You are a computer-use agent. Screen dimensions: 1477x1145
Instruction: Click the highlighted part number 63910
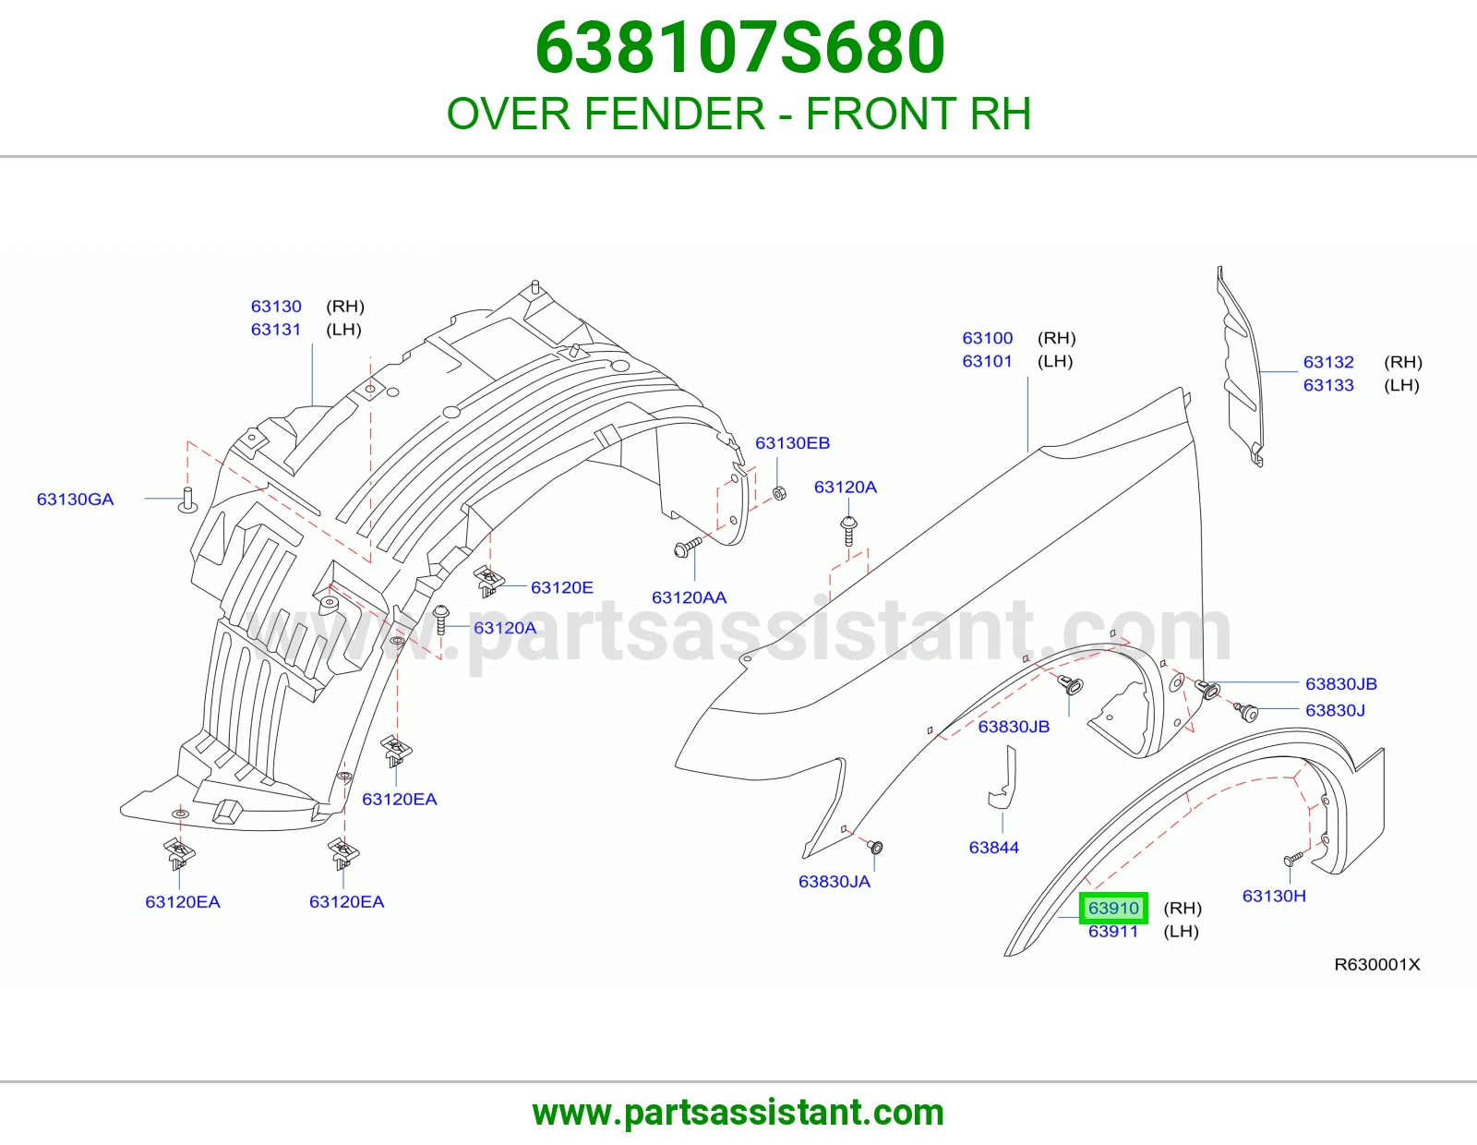(x=1113, y=908)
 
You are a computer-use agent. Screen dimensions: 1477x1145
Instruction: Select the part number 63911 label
(x=1112, y=931)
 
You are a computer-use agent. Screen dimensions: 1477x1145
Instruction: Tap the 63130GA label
(x=76, y=499)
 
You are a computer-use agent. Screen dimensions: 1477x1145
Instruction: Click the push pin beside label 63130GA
(x=187, y=500)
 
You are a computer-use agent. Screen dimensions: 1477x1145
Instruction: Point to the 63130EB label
(x=793, y=442)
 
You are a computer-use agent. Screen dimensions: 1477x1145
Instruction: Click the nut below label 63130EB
(x=780, y=492)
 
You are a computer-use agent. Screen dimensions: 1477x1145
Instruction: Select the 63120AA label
(x=690, y=597)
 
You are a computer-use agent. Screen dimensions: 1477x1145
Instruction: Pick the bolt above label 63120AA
(x=687, y=547)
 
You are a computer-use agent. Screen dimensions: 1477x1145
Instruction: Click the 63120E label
(x=562, y=586)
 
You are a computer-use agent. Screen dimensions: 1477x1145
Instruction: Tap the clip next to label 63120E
(x=488, y=581)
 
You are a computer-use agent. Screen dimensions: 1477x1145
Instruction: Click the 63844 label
(x=993, y=847)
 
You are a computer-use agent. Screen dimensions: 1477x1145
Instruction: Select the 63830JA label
(x=834, y=881)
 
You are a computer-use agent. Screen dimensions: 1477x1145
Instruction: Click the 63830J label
(x=1335, y=710)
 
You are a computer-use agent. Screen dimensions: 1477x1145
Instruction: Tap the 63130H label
(x=1274, y=896)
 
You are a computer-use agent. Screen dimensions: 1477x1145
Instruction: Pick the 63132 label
(x=1328, y=362)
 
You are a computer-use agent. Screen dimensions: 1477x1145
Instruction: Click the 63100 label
(x=987, y=338)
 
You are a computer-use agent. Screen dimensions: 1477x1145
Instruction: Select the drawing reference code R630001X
(x=1377, y=964)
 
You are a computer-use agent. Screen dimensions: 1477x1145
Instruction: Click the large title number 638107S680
(x=739, y=48)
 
